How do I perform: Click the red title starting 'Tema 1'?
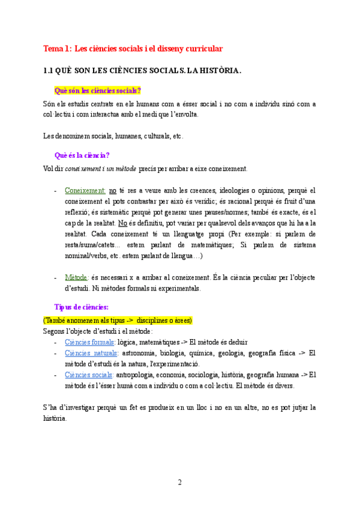point(133,49)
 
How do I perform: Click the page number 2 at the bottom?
point(179,482)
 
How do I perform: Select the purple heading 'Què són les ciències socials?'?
point(97,91)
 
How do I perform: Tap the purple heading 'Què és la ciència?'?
point(82,155)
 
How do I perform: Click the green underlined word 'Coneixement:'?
point(85,190)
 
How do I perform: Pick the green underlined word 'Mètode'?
point(76,277)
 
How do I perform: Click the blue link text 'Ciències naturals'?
point(91,353)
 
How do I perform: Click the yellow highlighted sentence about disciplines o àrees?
point(118,320)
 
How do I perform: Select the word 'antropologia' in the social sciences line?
point(140,375)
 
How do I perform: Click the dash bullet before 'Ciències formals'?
point(55,342)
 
